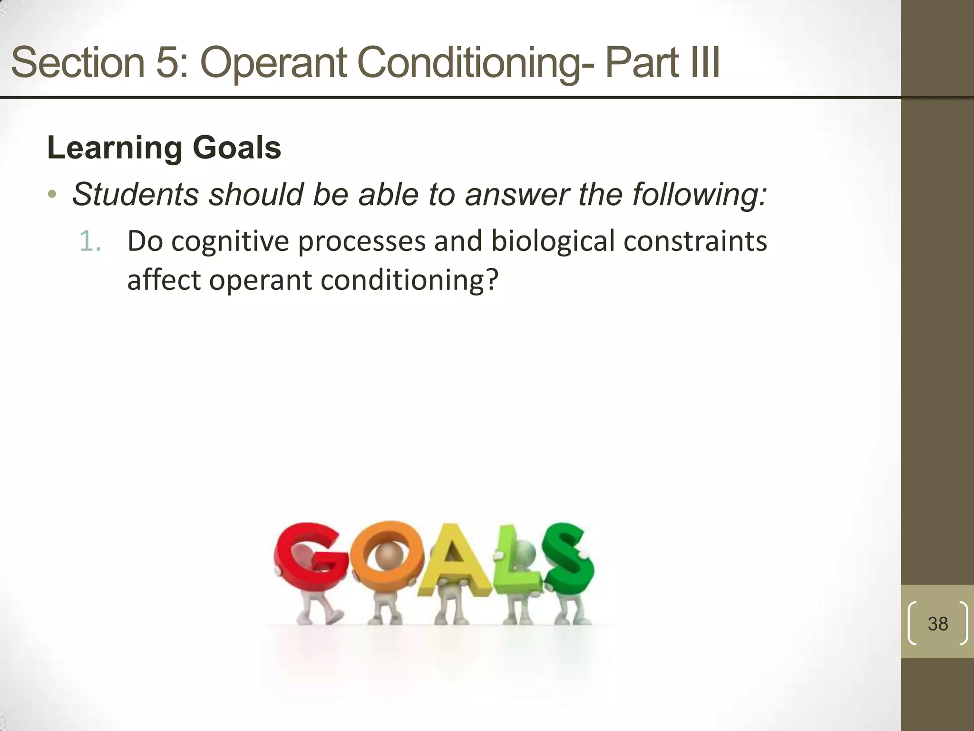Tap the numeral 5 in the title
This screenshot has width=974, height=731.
[x=166, y=62]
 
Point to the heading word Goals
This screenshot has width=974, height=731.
[x=236, y=148]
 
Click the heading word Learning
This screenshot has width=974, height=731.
[x=115, y=148]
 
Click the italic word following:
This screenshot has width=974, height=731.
[x=699, y=195]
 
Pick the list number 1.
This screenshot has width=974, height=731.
[x=89, y=241]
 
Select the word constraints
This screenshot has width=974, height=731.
[x=695, y=241]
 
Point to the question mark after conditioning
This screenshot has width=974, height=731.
[x=493, y=279]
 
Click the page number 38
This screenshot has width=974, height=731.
[x=937, y=623]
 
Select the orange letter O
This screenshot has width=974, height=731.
[x=388, y=554]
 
